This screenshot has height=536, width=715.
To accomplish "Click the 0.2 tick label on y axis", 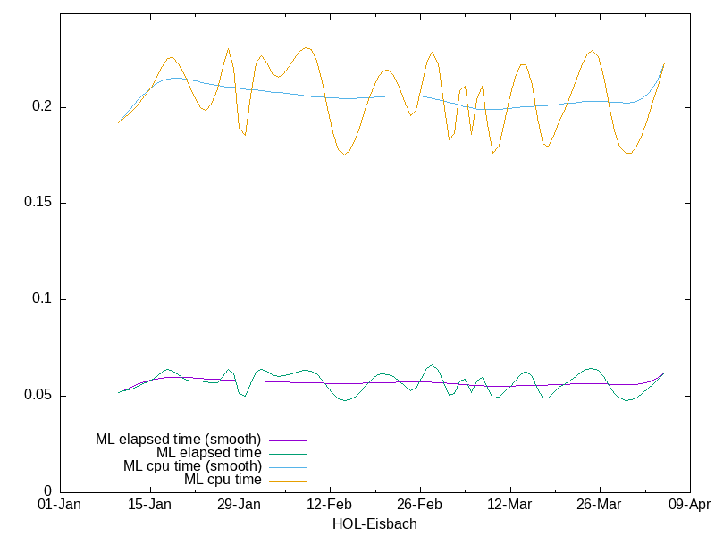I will tap(42, 107).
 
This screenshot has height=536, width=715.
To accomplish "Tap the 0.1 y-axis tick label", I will tap(42, 299).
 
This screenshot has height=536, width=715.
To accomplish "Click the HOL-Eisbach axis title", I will tap(374, 524).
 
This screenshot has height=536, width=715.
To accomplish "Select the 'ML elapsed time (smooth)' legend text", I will tap(179, 440).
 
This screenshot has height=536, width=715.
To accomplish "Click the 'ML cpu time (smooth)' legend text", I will tap(192, 466).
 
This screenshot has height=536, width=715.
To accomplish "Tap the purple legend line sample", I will tap(287, 440).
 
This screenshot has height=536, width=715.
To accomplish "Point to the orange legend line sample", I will tap(287, 480).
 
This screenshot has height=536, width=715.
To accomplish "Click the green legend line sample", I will tap(287, 453).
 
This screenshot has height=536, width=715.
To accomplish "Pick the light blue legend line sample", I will tap(287, 466).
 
